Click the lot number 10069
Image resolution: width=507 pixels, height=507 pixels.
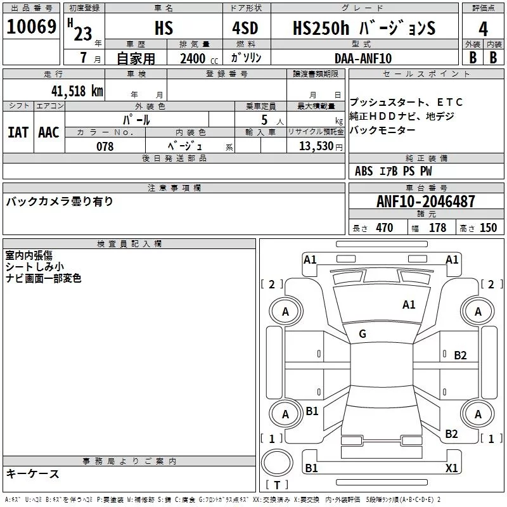click(31, 27)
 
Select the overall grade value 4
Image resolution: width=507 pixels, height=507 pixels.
click(483, 29)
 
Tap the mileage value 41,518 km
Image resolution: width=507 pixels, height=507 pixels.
click(77, 91)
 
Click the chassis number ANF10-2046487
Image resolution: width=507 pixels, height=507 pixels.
click(426, 202)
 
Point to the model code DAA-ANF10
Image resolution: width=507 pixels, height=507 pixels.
click(363, 58)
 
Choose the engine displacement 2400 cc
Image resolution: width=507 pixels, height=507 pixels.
click(199, 59)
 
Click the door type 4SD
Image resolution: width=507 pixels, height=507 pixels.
click(245, 28)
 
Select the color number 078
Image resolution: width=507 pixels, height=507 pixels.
click(105, 146)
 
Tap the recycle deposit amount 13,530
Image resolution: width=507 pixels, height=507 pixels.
click(316, 146)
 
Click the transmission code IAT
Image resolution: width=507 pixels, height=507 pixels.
click(18, 132)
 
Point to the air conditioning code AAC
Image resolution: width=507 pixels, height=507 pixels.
click(49, 132)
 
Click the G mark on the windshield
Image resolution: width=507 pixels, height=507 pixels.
click(363, 334)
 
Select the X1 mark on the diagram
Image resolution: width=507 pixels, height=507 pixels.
click(451, 468)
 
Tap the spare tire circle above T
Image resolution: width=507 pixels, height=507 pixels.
click(277, 463)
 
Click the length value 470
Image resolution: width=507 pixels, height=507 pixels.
click(385, 228)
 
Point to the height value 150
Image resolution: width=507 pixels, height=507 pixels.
click(488, 228)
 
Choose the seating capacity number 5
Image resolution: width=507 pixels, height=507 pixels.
click(264, 120)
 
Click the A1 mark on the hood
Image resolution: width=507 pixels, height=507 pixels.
click(409, 305)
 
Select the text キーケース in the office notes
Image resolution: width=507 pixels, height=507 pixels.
click(33, 474)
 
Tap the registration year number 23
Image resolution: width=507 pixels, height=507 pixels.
click(83, 34)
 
